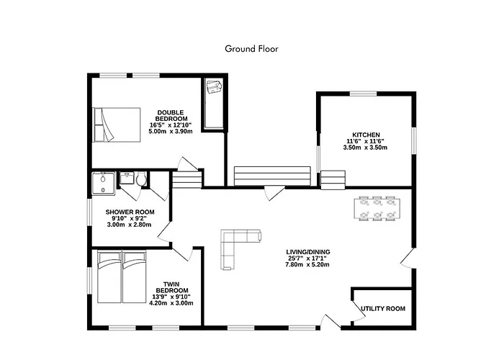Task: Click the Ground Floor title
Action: click(x=251, y=49)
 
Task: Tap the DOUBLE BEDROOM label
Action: click(x=171, y=115)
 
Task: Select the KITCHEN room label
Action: click(x=366, y=135)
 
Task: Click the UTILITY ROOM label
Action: click(x=383, y=309)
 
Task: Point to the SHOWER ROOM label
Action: click(x=130, y=212)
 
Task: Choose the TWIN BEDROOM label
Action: click(x=171, y=287)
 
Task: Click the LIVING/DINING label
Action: click(x=308, y=252)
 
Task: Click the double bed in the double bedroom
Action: click(x=117, y=125)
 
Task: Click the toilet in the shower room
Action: click(x=141, y=179)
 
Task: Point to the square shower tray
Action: click(x=103, y=184)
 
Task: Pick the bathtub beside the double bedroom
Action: click(x=214, y=104)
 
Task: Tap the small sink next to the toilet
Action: click(x=127, y=178)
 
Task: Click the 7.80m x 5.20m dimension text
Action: click(x=307, y=265)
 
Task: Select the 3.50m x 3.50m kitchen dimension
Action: click(x=365, y=148)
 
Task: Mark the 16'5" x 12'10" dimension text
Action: click(x=171, y=125)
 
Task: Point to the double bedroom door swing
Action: click(x=187, y=163)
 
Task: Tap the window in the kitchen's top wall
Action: click(x=363, y=94)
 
